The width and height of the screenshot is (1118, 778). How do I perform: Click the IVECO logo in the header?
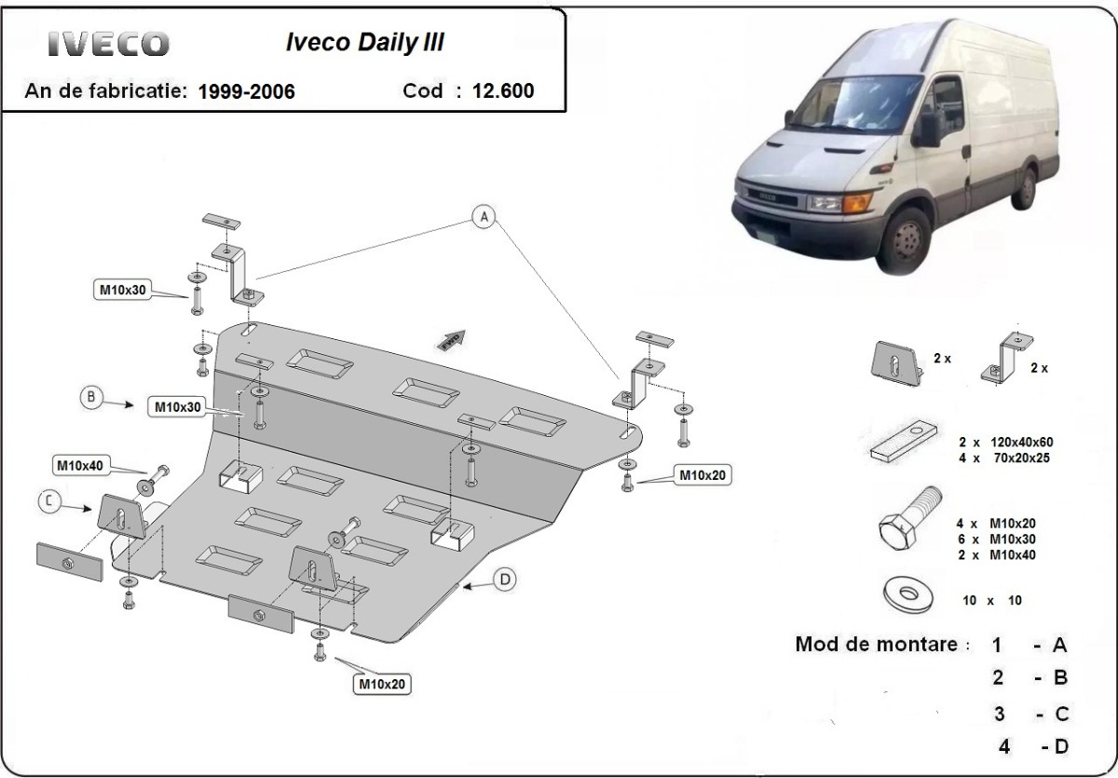click(x=109, y=43)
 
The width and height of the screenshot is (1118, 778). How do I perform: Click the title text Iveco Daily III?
click(x=363, y=43)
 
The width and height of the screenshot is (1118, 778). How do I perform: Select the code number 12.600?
click(x=503, y=90)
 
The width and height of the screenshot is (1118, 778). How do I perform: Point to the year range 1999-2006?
click(x=247, y=91)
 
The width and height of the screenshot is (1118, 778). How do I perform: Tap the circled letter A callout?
click(x=483, y=218)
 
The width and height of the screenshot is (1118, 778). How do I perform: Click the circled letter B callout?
click(x=91, y=398)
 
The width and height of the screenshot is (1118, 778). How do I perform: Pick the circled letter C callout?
click(x=51, y=502)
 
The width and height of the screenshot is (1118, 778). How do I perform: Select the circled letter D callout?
click(x=503, y=580)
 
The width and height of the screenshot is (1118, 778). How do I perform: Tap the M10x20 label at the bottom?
click(x=382, y=685)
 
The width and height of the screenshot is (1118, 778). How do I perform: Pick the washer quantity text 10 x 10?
click(x=992, y=601)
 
